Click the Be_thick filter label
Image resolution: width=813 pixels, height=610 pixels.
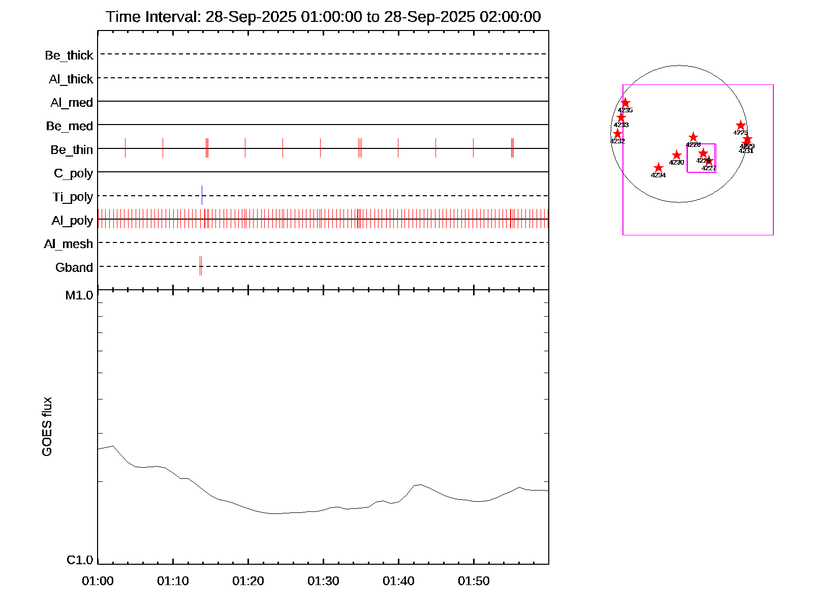pyautogui.click(x=69, y=55)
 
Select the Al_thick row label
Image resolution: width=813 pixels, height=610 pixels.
pyautogui.click(x=71, y=79)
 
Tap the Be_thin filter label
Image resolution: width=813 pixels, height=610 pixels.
pyautogui.click(x=72, y=150)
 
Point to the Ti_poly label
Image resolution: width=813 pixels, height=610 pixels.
pyautogui.click(x=73, y=197)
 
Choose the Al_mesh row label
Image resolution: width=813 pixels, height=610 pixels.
pyautogui.click(x=69, y=245)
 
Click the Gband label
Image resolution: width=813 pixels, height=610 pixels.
pyautogui.click(x=74, y=268)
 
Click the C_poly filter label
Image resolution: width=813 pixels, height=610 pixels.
pyautogui.click(x=74, y=174)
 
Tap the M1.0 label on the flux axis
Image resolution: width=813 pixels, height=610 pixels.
pyautogui.click(x=79, y=295)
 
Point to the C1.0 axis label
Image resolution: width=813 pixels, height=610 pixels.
pyautogui.click(x=80, y=560)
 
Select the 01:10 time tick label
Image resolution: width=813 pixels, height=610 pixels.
pyautogui.click(x=173, y=581)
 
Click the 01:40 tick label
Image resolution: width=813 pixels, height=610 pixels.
pyautogui.click(x=399, y=581)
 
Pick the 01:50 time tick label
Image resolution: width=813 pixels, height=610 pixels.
pyautogui.click(x=474, y=581)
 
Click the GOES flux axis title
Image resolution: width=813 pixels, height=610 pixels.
pyautogui.click(x=47, y=427)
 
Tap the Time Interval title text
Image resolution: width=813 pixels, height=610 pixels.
pyautogui.click(x=323, y=17)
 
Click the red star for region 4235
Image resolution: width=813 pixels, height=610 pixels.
pyautogui.click(x=626, y=103)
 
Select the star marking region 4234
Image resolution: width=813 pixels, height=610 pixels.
pyautogui.click(x=659, y=168)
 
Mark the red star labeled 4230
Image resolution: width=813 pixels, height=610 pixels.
pyautogui.click(x=677, y=155)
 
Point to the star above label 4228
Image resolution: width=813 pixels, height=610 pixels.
pyautogui.click(x=694, y=137)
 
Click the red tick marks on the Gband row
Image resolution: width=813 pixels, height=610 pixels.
pyautogui.click(x=201, y=266)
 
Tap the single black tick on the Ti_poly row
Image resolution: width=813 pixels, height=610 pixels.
pyautogui.click(x=202, y=195)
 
